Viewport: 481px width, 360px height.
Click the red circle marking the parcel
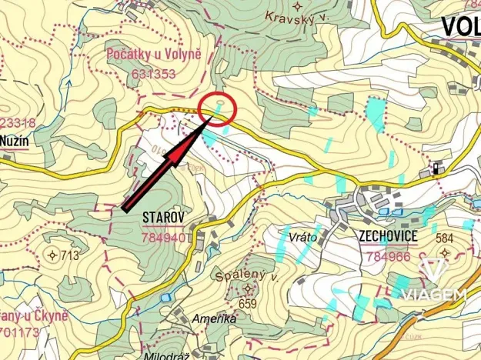click(216, 108)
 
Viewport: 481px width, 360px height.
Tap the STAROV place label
click(163, 218)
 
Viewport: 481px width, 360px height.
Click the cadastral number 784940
click(164, 238)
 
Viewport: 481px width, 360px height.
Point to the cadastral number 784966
click(389, 257)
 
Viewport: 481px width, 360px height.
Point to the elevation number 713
click(71, 255)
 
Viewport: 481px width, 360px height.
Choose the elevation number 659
click(248, 303)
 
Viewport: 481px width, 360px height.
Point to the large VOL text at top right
click(460, 26)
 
